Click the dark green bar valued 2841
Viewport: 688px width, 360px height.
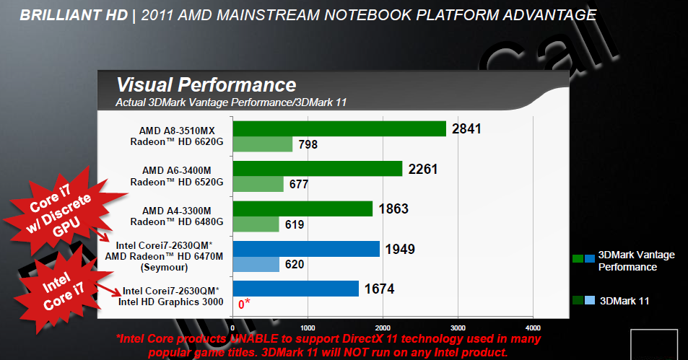(339, 128)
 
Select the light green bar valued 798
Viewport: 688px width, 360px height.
(261, 144)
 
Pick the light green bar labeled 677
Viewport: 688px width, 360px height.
(257, 184)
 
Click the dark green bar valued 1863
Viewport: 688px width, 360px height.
(302, 208)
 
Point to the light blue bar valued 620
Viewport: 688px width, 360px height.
(255, 264)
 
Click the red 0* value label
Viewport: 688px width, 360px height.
(245, 304)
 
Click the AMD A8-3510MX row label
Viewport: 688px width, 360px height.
(177, 131)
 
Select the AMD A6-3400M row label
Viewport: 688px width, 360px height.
(177, 170)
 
